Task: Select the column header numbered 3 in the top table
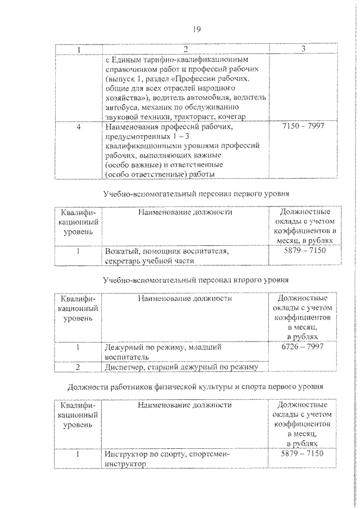(303, 49)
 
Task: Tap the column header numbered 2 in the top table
(186, 49)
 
